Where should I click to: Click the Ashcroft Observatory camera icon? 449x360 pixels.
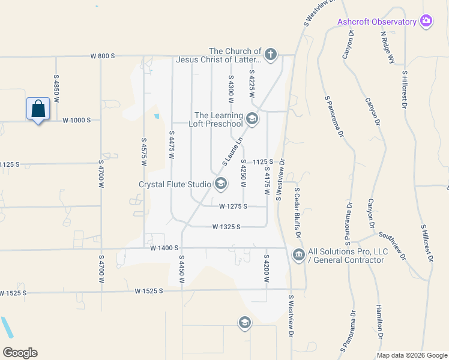(x=426, y=22)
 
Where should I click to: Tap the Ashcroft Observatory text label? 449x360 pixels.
(x=377, y=22)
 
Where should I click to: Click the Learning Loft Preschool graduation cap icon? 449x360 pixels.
(x=252, y=119)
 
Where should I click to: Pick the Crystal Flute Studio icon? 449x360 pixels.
(x=220, y=184)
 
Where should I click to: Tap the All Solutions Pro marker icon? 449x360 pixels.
(x=298, y=256)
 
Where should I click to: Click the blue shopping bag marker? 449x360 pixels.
(x=38, y=109)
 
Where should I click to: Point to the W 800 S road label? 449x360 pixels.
(x=102, y=56)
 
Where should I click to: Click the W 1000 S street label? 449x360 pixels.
(x=77, y=120)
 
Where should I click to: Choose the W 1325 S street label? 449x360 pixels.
(x=226, y=227)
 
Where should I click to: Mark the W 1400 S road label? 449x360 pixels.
(x=164, y=248)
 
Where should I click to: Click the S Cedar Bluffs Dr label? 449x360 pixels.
(x=297, y=213)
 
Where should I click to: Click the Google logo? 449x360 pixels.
(x=20, y=353)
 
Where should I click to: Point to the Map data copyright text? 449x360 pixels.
(x=411, y=355)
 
